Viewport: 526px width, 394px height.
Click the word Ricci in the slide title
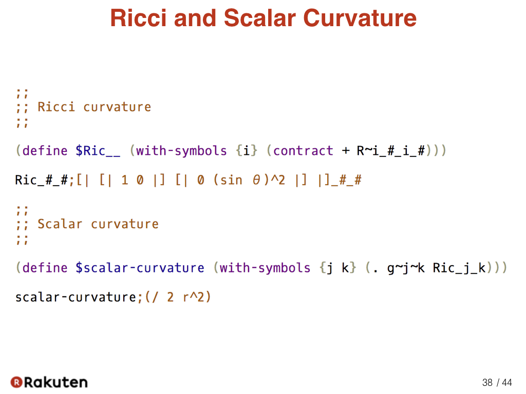point(138,18)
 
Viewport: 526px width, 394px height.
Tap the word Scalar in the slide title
point(260,18)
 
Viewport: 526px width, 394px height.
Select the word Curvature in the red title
point(360,18)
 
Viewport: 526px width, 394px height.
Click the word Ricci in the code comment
point(57,107)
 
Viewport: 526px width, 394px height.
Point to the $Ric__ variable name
point(98,151)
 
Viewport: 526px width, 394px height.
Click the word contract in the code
point(303,151)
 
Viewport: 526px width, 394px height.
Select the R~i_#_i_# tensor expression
point(391,151)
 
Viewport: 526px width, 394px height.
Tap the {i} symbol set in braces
point(247,151)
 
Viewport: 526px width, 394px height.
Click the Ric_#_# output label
point(42,180)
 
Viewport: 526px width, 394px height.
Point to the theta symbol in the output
point(256,180)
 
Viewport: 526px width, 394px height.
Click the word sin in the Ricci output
point(232,180)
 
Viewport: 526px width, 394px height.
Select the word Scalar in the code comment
point(60,224)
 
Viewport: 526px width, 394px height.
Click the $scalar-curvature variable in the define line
point(140,268)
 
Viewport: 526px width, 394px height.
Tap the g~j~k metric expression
point(406,268)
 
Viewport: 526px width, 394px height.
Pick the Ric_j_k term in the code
point(459,268)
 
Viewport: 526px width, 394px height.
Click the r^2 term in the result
point(193,297)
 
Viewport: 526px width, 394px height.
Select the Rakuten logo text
point(56,382)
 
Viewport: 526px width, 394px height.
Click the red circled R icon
point(16,382)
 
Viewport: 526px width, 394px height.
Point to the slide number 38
point(487,382)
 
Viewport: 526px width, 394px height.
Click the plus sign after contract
point(346,151)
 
